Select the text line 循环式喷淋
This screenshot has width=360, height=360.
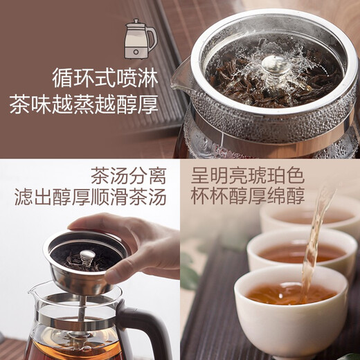105,75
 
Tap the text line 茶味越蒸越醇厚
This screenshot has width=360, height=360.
84,105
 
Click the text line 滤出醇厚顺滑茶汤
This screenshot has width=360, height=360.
91,197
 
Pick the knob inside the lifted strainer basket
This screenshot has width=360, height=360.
87,257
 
